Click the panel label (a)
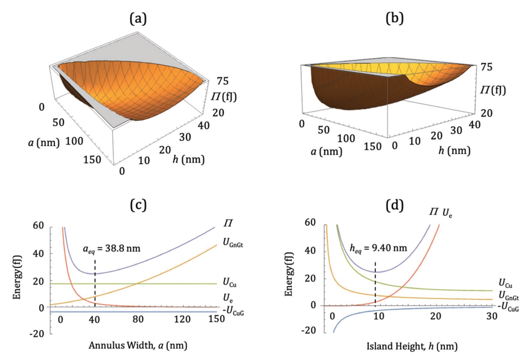pos(138,19)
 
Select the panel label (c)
pos(138,205)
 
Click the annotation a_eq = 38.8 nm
pos(112,249)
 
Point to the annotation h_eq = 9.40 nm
pos(378,248)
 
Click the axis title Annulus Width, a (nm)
pos(138,345)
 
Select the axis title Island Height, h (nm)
pos(412,346)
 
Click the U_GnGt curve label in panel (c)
pos(233,243)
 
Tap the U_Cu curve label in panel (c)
pos(229,282)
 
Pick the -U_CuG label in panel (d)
pos(508,307)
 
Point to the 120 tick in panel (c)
pos(182,319)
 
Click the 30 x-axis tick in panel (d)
pos(492,316)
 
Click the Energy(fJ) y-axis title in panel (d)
pos(289,274)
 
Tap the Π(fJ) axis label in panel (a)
pos(224,97)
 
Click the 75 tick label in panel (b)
pos(486,67)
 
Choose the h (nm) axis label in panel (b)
pos(454,150)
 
